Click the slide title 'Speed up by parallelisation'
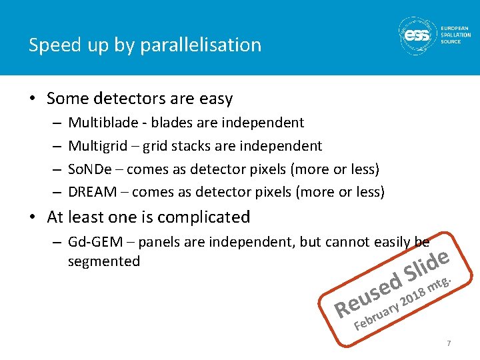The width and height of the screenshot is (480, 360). (145, 45)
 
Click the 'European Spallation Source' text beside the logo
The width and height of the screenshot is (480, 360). (455, 35)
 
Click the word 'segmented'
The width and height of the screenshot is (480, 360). (103, 261)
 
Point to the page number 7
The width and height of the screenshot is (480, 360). (449, 343)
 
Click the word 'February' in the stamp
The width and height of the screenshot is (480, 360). (377, 316)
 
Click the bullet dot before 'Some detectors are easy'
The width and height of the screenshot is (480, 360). (32, 99)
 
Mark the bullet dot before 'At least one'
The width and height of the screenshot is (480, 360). (32, 218)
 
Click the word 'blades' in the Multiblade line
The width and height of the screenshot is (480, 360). (183, 123)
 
